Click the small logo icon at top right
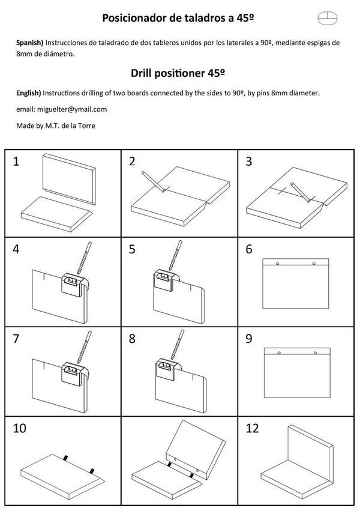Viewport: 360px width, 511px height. (328, 18)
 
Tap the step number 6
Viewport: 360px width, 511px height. (249, 249)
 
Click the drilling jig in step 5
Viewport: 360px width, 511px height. (164, 281)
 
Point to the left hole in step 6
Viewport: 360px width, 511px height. (277, 264)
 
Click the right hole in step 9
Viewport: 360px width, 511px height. (314, 353)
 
